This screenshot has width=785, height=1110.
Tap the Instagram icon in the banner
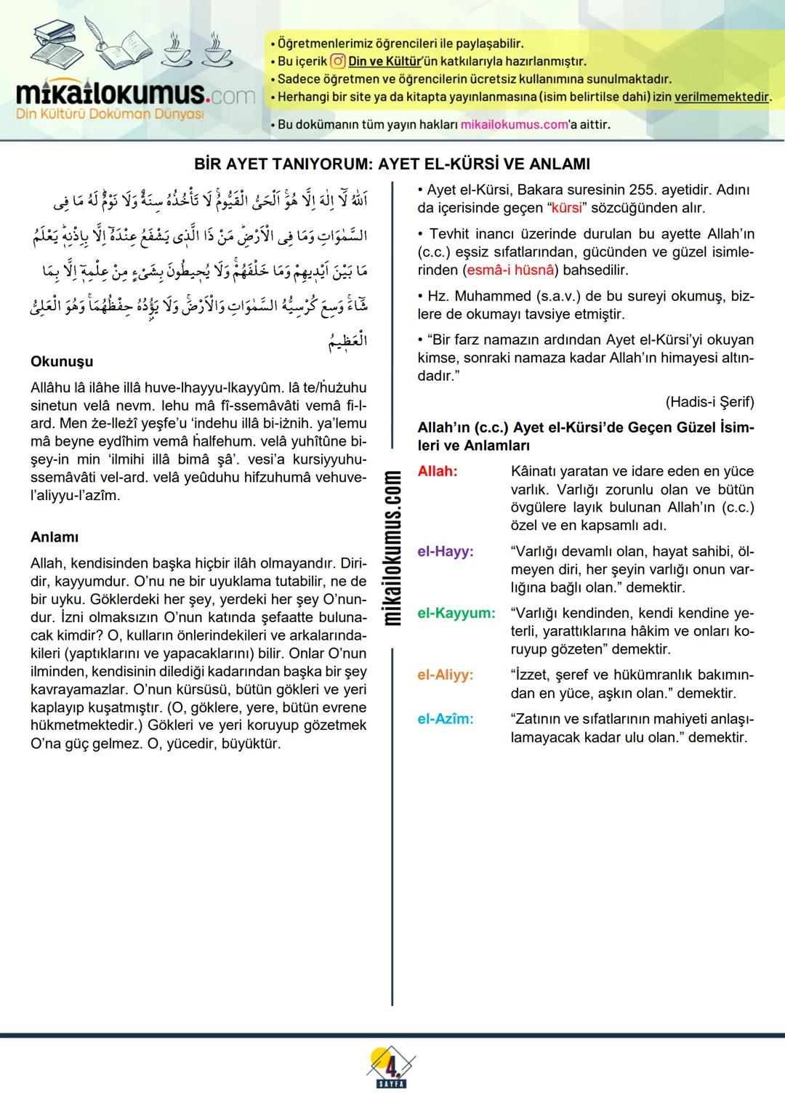[x=337, y=62]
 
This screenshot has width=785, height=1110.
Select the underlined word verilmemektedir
[x=721, y=97]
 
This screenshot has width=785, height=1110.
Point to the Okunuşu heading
[x=62, y=361]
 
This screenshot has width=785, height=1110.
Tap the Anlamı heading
[x=55, y=537]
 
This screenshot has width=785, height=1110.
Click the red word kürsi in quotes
[x=568, y=208]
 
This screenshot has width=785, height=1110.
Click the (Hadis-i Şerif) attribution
[x=709, y=402]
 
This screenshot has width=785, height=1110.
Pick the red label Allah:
[x=438, y=471]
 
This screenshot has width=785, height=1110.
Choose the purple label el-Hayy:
[x=446, y=551]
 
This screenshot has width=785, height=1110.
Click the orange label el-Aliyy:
[x=445, y=675]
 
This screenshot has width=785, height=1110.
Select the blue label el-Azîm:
[x=445, y=719]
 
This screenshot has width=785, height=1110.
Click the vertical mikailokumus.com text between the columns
[x=392, y=547]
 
